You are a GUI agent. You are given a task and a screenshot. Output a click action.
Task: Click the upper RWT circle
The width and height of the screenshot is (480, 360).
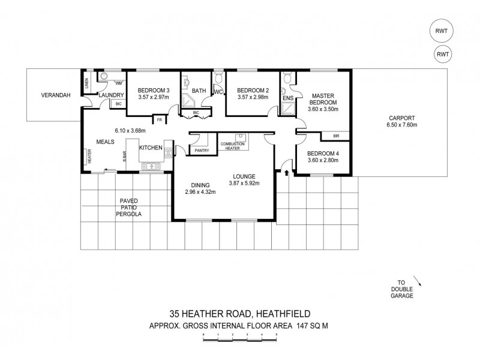[x=442, y=31]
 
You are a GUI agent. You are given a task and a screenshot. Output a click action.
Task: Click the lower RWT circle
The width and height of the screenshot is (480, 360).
[x=442, y=55]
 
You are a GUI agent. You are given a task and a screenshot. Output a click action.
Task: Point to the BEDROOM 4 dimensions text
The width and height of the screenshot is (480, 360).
[x=322, y=160]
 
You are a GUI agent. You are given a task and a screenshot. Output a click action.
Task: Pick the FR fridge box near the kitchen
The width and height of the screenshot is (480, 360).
[x=160, y=120]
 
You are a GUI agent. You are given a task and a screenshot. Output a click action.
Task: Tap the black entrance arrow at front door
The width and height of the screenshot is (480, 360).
[x=286, y=173]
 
